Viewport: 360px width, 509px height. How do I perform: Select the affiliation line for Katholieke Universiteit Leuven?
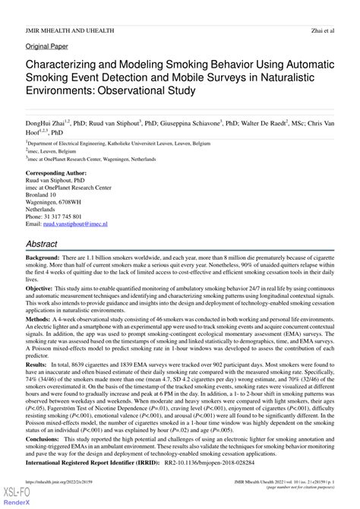122,142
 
